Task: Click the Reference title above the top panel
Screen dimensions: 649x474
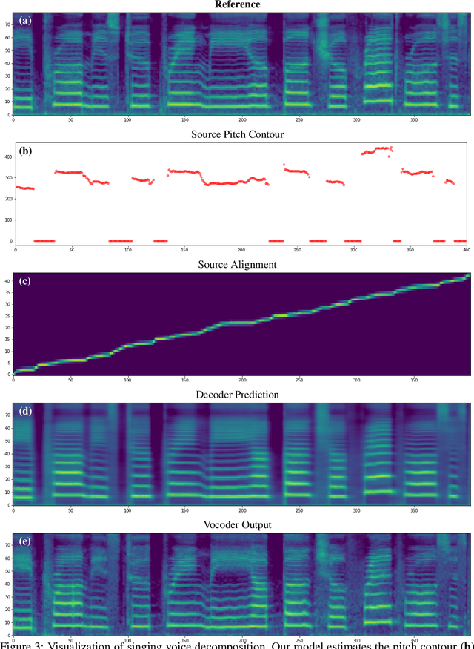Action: (237, 4)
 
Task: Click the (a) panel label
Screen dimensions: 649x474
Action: (26, 21)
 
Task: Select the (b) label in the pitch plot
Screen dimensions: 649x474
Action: (26, 151)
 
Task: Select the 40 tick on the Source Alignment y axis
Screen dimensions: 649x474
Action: (7, 280)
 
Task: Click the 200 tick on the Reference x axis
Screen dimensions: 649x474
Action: (241, 119)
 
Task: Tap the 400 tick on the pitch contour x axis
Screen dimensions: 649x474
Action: (466, 250)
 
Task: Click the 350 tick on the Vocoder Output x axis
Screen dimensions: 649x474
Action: (413, 640)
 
